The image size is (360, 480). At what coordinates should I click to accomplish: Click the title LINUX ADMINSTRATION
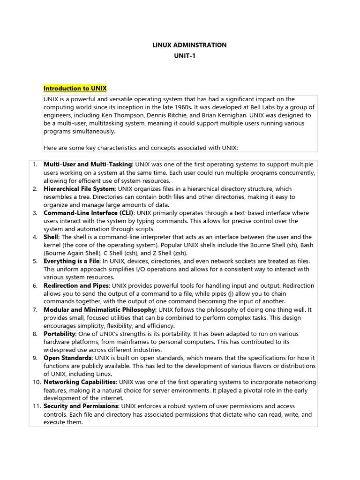(189, 45)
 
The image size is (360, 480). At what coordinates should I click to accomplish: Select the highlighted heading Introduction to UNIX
(75, 88)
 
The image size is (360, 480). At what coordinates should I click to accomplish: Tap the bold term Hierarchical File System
(79, 189)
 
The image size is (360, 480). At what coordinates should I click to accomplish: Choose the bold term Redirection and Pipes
(76, 285)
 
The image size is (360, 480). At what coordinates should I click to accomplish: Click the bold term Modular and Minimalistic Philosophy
(99, 310)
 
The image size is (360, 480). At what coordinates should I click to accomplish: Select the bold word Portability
(60, 334)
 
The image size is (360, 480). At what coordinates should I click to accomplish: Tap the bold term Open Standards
(67, 358)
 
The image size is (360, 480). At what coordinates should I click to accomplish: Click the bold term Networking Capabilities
(80, 382)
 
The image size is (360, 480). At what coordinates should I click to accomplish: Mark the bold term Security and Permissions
(81, 406)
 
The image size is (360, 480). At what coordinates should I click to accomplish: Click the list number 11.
(37, 406)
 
